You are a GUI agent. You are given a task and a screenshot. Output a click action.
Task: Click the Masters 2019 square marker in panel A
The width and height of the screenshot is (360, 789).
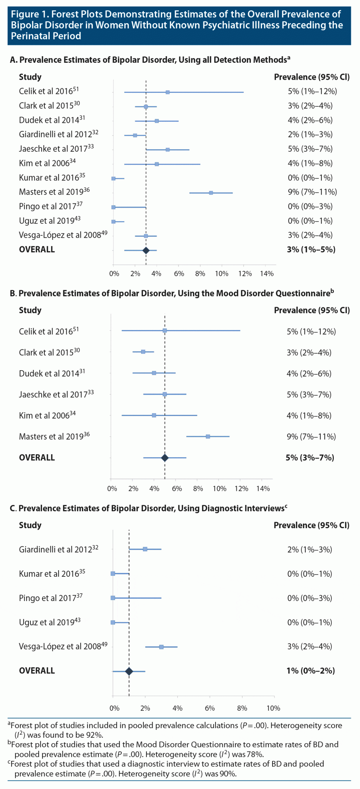[x=211, y=193]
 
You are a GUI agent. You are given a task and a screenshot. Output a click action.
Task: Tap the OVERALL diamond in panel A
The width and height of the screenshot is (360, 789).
[x=146, y=250]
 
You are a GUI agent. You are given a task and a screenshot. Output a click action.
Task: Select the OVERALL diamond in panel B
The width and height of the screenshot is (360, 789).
[x=165, y=458]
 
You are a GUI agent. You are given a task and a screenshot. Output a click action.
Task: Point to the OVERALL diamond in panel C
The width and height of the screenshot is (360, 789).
[x=129, y=671]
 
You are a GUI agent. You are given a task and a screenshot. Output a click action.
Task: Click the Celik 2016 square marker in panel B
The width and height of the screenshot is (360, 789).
[x=165, y=331]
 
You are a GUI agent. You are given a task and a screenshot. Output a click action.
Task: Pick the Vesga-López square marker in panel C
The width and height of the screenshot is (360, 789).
[x=161, y=647]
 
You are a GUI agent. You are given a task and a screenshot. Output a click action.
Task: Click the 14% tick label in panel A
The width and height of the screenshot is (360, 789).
[x=267, y=274]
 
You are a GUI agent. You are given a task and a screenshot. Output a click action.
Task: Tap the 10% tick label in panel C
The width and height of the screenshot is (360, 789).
[x=273, y=708]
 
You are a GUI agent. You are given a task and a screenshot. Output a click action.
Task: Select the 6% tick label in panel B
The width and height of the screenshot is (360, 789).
[x=177, y=489]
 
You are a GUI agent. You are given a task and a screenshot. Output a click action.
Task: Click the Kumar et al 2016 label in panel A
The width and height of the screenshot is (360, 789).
[x=52, y=178]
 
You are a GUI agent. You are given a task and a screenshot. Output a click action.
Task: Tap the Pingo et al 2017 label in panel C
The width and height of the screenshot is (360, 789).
[x=51, y=598]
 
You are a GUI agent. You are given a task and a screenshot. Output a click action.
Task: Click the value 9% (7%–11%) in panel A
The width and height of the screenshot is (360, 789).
[x=312, y=192]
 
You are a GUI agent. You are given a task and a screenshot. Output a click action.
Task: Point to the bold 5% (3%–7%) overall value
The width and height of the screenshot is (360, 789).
[x=310, y=458]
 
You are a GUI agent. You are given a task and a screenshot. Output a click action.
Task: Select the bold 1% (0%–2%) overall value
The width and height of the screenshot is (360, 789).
[x=311, y=671]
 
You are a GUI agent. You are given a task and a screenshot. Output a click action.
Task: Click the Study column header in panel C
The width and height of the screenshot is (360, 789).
[x=30, y=525]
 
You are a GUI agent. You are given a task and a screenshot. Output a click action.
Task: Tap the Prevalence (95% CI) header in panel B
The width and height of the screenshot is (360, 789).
[x=311, y=311]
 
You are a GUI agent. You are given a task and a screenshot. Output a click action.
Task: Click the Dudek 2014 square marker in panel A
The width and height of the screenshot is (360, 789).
[x=156, y=121]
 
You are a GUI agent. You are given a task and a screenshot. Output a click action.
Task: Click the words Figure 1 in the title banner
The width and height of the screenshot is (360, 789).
[x=29, y=15]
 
